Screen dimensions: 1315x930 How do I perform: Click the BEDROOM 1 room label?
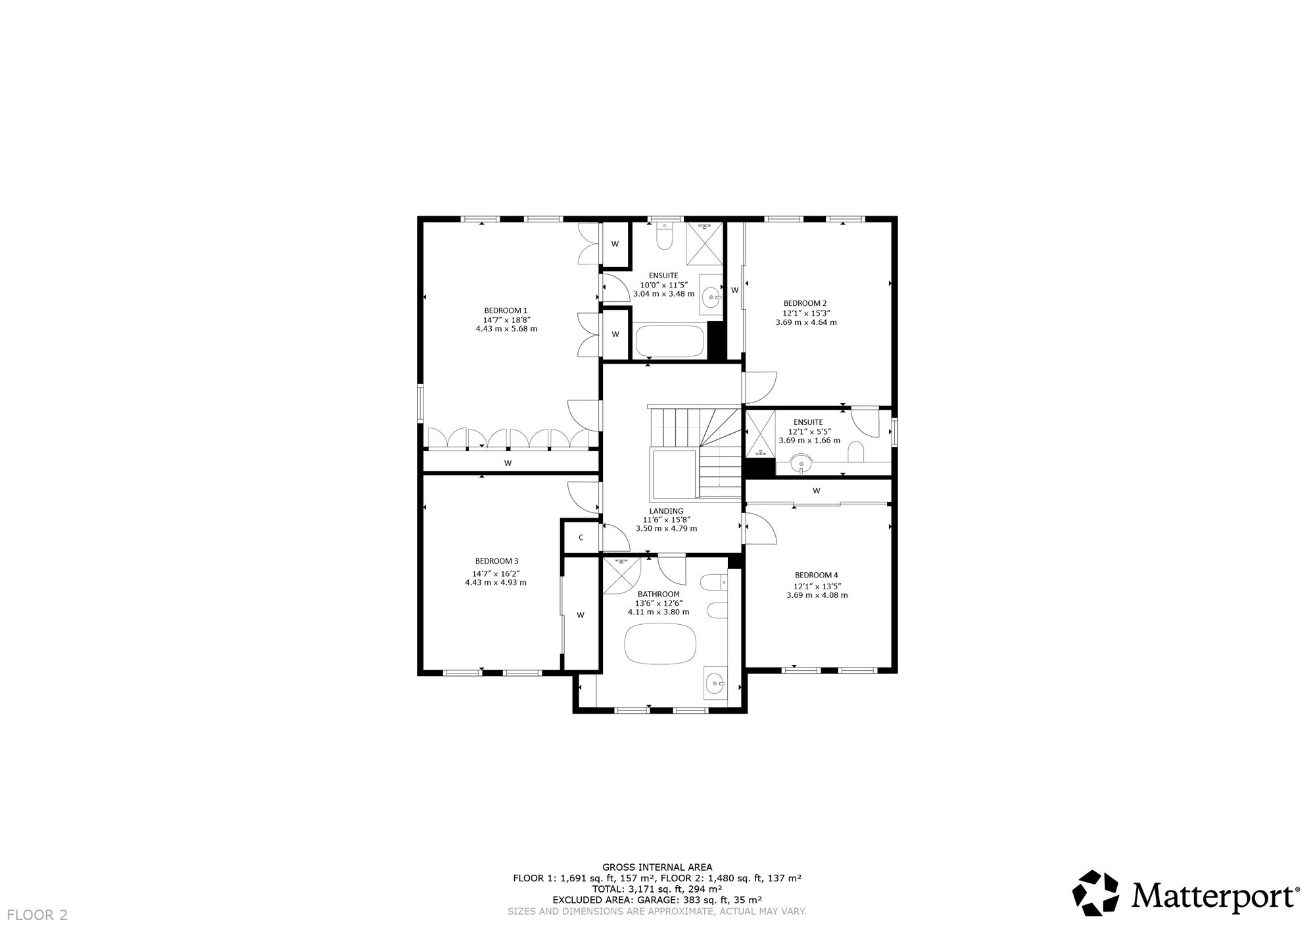tap(506, 310)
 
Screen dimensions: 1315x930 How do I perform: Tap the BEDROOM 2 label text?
tap(805, 303)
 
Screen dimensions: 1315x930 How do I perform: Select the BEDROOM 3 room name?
tap(496, 561)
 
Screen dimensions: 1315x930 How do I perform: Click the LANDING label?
tap(666, 511)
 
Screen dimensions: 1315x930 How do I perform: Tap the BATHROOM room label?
tap(658, 594)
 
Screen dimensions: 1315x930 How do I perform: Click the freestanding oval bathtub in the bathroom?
tap(659, 644)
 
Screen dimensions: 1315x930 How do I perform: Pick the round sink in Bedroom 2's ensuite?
tap(801, 464)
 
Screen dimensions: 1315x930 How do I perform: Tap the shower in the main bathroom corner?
tap(621, 574)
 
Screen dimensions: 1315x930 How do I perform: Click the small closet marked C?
tap(581, 537)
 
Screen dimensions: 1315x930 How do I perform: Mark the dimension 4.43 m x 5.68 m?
tap(506, 329)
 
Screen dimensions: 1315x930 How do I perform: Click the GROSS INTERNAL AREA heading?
tap(657, 868)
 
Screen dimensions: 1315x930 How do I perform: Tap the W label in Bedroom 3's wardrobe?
tap(581, 616)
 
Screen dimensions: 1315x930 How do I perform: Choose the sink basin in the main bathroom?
tap(715, 684)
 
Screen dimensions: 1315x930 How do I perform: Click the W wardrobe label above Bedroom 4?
tap(817, 491)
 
